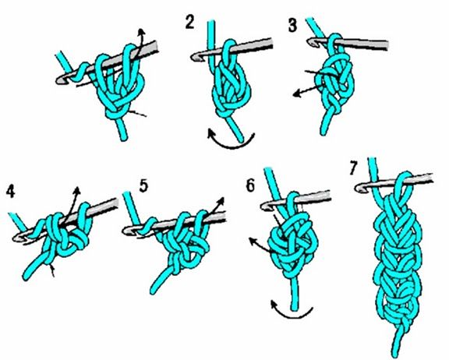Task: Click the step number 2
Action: tap(190, 23)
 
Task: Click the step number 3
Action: tap(292, 25)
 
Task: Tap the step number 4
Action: tap(10, 192)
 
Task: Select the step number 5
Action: tap(143, 185)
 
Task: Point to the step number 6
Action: tap(250, 186)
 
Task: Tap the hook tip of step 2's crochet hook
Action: tap(193, 57)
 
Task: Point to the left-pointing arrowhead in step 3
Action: tap(296, 94)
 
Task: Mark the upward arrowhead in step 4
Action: tap(76, 189)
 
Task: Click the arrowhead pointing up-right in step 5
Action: tap(221, 200)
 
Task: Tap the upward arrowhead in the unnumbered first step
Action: tap(140, 31)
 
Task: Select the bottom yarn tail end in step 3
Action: tap(323, 133)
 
